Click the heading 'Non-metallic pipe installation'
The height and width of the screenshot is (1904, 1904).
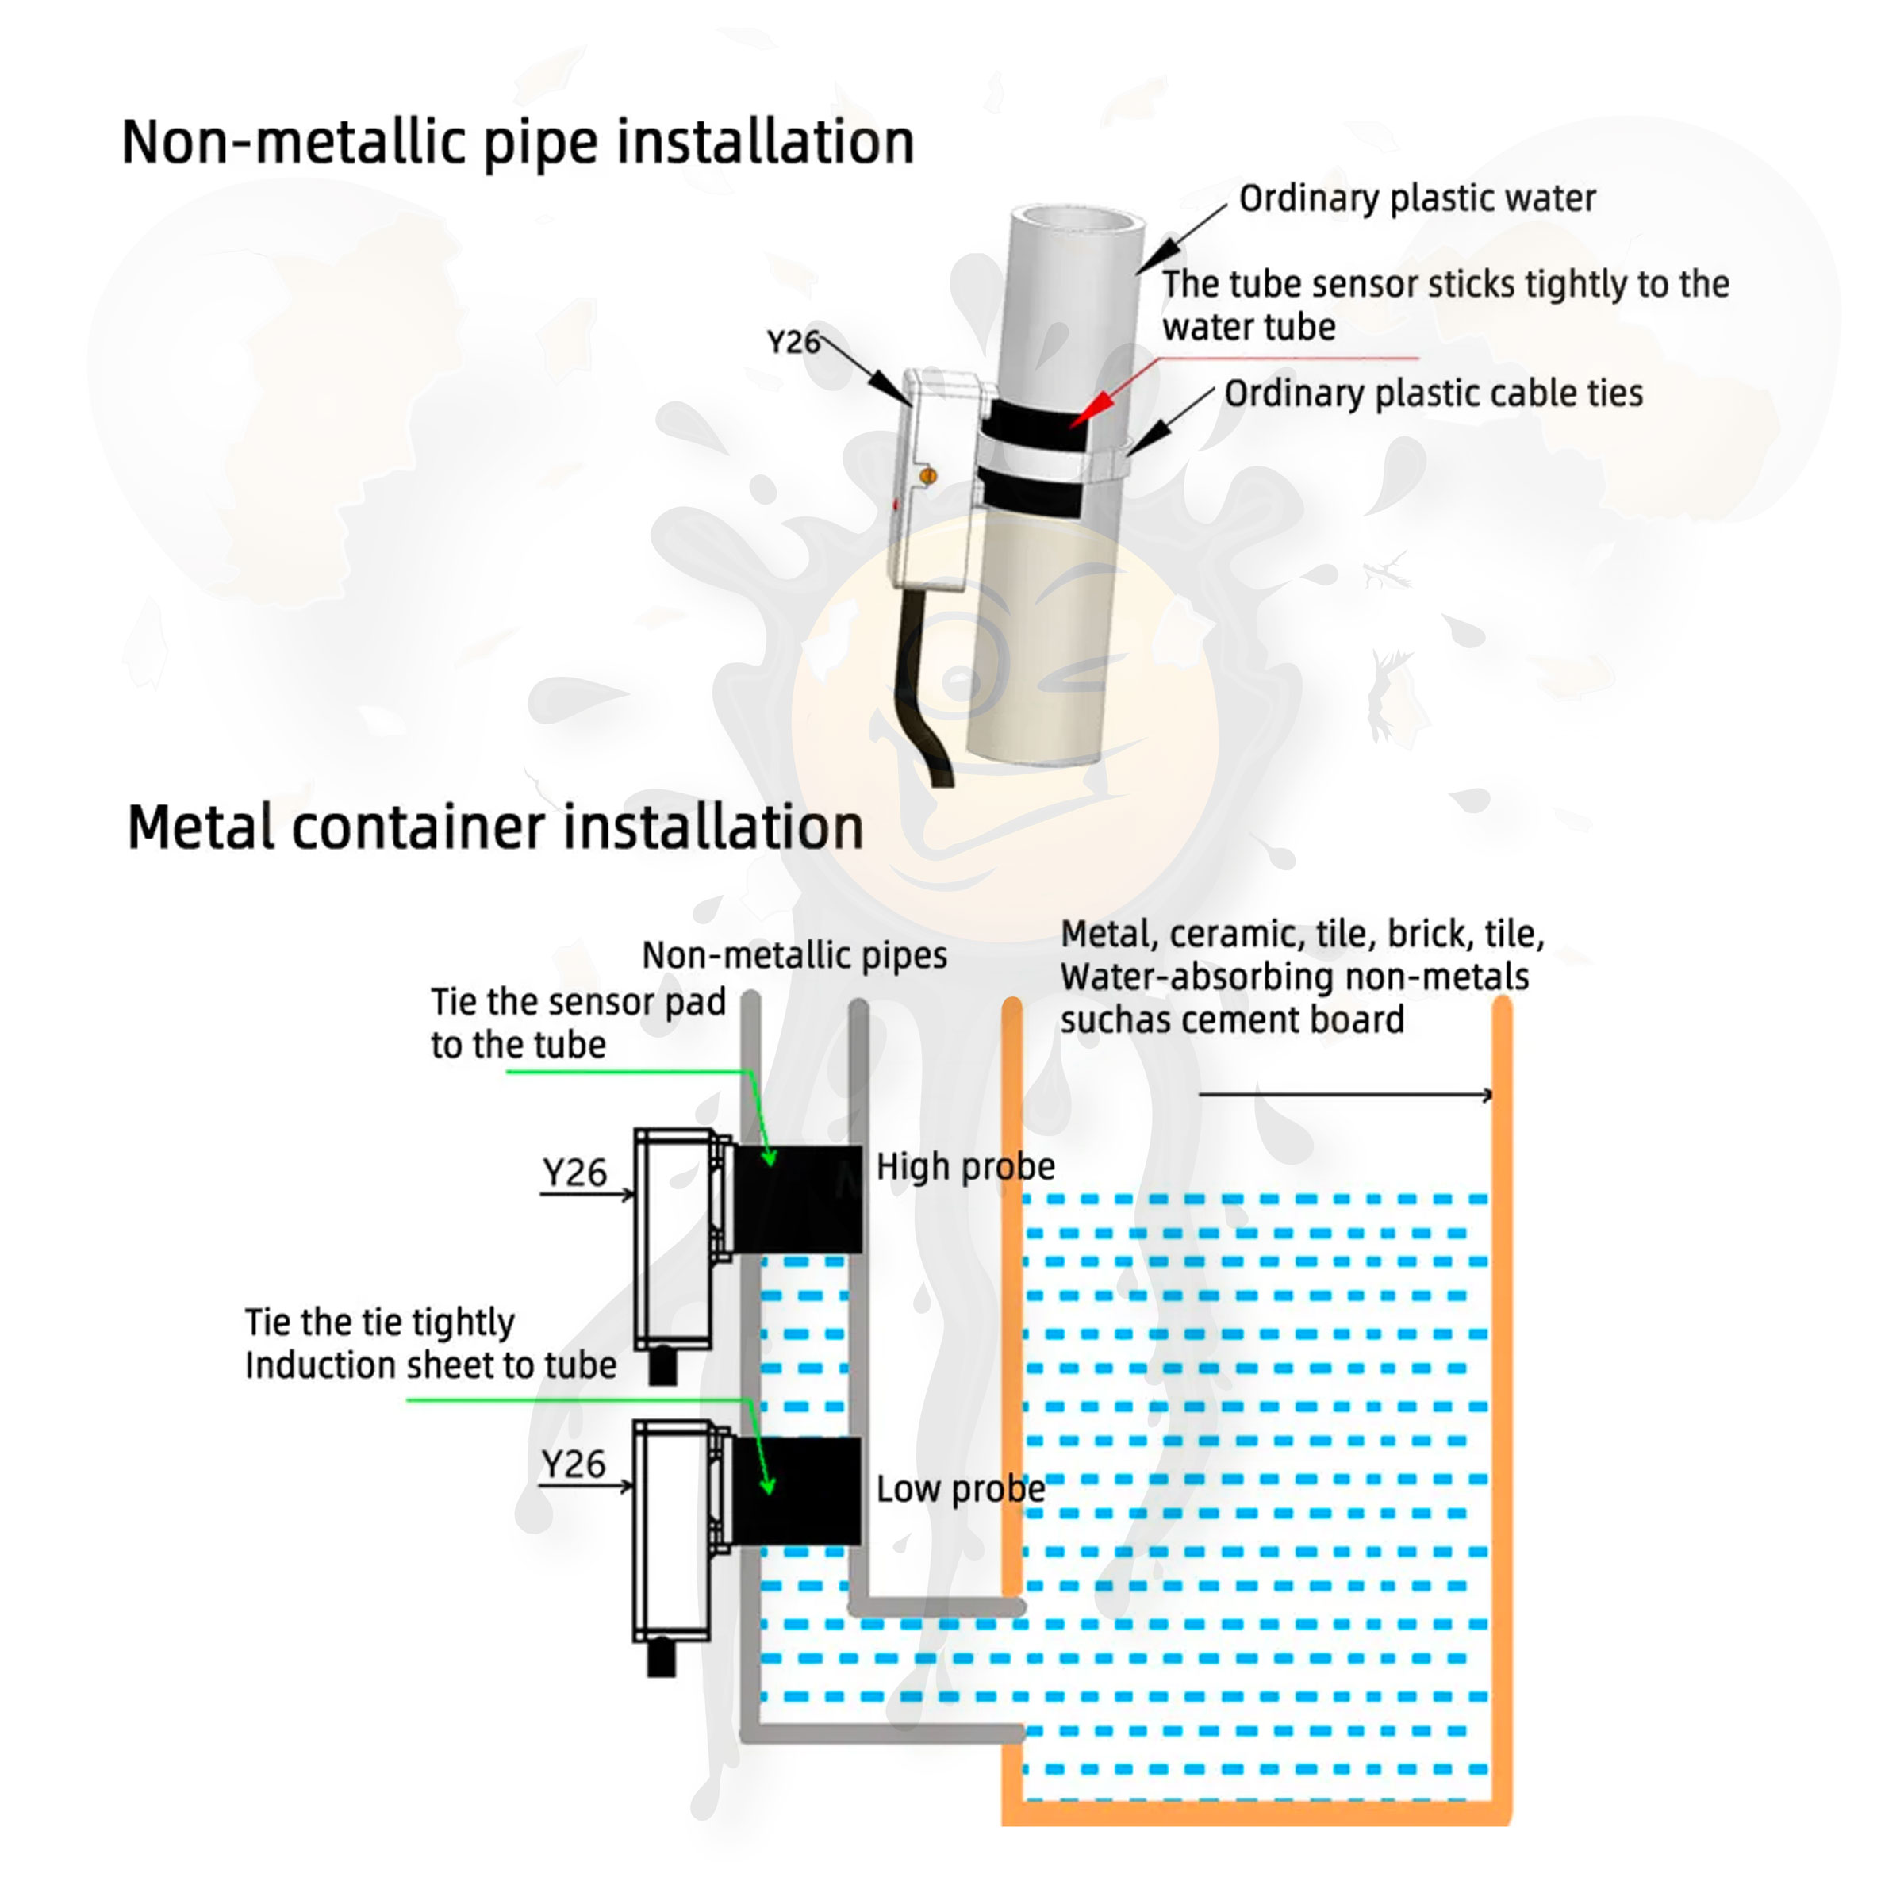517,143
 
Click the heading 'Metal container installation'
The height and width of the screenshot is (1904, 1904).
495,827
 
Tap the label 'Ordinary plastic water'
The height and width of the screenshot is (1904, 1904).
1416,199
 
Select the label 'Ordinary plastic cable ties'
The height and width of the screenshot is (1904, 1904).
1433,394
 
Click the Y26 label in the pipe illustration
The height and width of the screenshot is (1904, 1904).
793,343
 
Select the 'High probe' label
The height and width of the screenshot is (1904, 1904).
965,1167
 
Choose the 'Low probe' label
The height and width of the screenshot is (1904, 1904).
960,1489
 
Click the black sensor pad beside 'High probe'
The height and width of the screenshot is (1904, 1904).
798,1200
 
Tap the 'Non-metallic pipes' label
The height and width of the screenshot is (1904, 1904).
794,955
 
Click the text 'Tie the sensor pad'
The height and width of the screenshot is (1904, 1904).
578,1002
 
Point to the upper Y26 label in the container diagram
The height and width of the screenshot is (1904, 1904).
574,1173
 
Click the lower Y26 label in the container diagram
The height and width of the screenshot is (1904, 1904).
574,1464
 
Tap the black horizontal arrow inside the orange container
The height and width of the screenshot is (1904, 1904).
1345,1094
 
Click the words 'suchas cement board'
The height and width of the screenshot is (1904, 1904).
1232,1020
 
